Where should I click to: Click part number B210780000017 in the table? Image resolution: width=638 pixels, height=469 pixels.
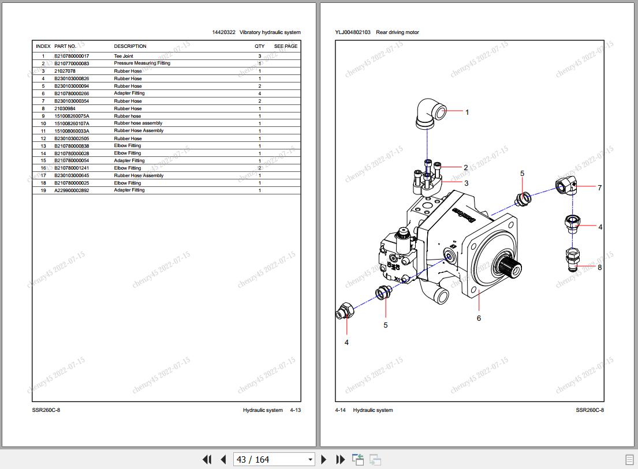tap(72, 56)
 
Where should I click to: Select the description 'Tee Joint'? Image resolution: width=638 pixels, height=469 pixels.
tap(124, 56)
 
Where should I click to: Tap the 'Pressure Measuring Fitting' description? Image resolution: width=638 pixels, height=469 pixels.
tap(142, 63)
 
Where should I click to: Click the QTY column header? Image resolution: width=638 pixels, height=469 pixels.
tap(260, 46)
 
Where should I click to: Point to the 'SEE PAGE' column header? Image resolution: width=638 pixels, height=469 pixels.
tap(286, 46)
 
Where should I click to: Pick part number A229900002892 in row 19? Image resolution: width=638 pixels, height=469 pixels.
tap(72, 190)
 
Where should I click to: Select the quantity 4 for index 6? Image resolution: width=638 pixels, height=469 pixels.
tap(260, 93)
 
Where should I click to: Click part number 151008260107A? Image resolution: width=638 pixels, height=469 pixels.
tap(72, 123)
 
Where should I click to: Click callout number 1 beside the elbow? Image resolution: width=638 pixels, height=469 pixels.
tap(467, 112)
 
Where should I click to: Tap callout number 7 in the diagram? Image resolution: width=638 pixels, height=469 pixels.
tap(599, 187)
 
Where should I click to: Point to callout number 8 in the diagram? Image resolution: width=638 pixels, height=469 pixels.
tap(599, 268)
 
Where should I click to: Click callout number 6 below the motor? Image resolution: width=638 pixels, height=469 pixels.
tap(479, 318)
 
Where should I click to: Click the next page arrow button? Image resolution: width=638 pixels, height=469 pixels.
tap(323, 460)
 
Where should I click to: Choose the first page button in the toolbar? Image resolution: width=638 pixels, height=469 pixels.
tap(207, 460)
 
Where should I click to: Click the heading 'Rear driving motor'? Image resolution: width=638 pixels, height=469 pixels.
tap(397, 32)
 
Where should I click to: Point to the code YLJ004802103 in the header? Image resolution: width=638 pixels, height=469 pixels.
tap(353, 32)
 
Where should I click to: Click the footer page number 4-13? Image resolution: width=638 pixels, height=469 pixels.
tap(296, 410)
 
